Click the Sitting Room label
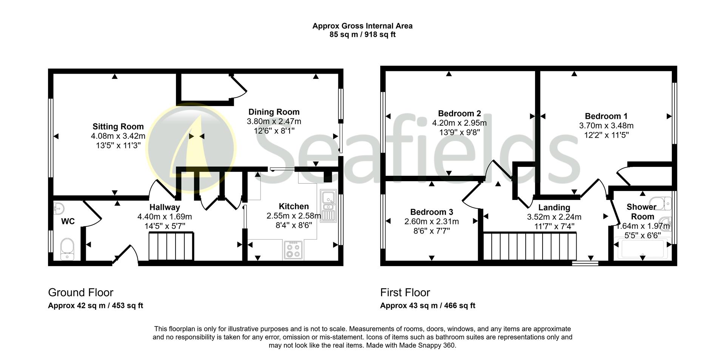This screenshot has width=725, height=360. tap(118, 126)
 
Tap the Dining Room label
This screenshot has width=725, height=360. tap(274, 112)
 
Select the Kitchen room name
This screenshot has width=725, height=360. tap(293, 206)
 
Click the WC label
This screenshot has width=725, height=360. tap(68, 221)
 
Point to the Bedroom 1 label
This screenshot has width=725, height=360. tap(606, 116)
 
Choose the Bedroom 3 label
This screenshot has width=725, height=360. tap(431, 212)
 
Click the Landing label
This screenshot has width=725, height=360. tap(554, 207)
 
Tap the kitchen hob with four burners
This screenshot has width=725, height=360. tap(293, 250)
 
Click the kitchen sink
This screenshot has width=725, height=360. tap(328, 206)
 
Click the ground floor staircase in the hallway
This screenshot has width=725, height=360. tap(171, 246)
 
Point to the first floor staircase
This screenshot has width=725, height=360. tap(529, 246)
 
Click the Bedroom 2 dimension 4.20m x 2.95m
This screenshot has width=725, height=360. tap(459, 123)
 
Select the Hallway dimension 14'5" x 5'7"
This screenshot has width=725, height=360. tap(165, 226)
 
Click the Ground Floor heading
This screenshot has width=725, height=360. tap(80, 292)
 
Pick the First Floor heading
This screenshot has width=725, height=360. tap(405, 292)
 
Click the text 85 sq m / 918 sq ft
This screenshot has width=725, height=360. tap(362, 35)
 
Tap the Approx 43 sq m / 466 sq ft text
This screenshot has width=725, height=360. tap(427, 305)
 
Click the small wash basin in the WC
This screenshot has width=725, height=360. tap(59, 208)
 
